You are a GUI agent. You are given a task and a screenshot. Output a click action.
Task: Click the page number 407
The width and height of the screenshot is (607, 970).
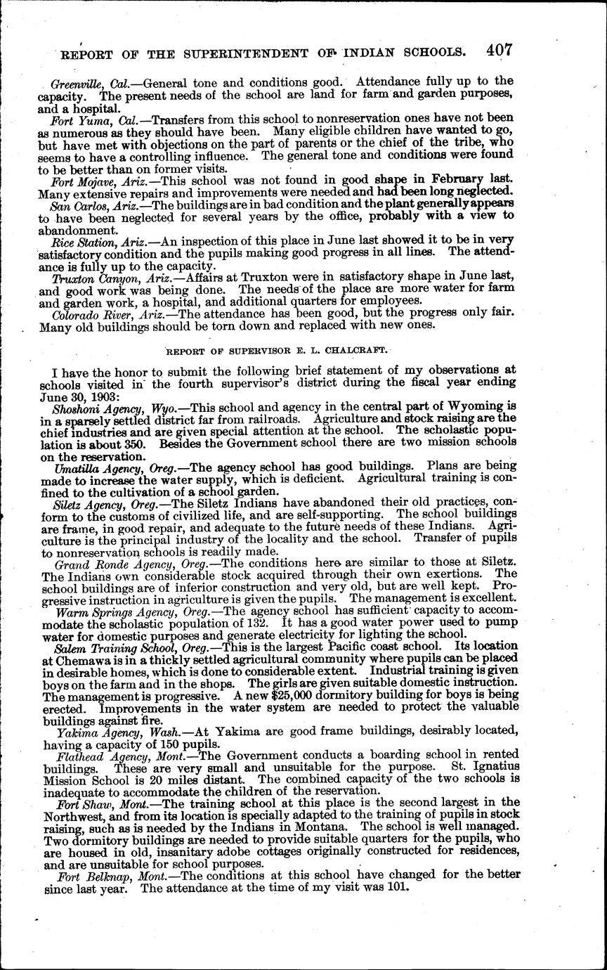point(499,50)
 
